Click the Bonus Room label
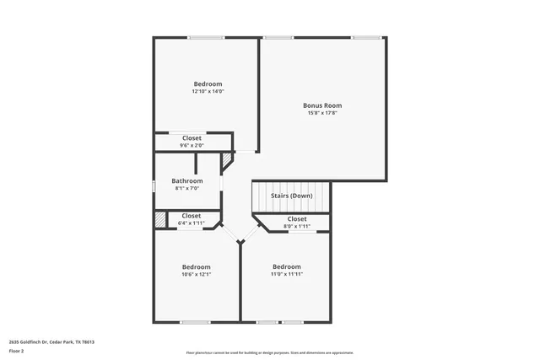click(322, 105)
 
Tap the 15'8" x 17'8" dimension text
click(322, 113)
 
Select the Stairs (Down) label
click(291, 196)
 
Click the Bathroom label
click(187, 180)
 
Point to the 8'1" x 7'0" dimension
click(187, 188)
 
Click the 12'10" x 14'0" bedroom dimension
click(208, 91)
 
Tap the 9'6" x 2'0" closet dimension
click(192, 145)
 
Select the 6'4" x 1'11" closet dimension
click(192, 223)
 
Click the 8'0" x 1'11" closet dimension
click(297, 226)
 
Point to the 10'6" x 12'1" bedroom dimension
click(196, 274)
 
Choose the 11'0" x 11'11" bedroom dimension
click(286, 274)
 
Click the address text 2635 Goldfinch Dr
click(51, 341)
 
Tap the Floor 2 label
click(18, 352)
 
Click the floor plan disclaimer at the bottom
click(270, 352)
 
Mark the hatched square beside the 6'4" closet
click(159, 219)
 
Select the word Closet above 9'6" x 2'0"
click(192, 137)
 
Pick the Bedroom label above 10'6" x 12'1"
click(196, 266)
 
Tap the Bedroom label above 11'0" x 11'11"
click(286, 266)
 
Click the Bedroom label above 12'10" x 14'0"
click(208, 83)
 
